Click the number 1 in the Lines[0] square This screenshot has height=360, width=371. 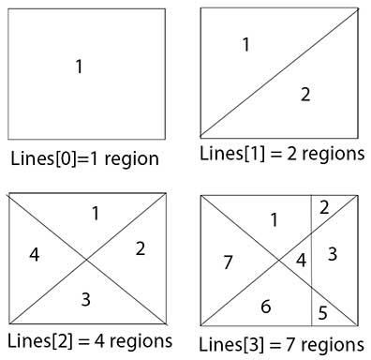click(x=79, y=67)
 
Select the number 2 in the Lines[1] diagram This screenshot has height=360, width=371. click(x=304, y=94)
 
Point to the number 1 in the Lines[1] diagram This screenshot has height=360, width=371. click(x=245, y=44)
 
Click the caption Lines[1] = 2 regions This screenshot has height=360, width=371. click(x=281, y=154)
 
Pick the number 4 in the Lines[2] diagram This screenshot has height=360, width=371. click(x=36, y=254)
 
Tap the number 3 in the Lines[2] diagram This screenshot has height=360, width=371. click(x=86, y=300)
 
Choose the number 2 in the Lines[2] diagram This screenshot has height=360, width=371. click(x=139, y=249)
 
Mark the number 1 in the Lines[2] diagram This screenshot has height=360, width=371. click(x=95, y=214)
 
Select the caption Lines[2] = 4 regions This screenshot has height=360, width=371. click(x=90, y=339)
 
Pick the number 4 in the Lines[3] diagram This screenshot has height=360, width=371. click(x=302, y=259)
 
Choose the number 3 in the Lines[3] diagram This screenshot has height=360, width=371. click(x=333, y=253)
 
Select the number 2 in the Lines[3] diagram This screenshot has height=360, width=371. click(x=324, y=208)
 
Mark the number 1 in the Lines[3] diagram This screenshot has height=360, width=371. click(x=275, y=220)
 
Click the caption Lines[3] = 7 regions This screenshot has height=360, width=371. click(x=282, y=343)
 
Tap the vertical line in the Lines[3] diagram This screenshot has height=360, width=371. click(x=312, y=281)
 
